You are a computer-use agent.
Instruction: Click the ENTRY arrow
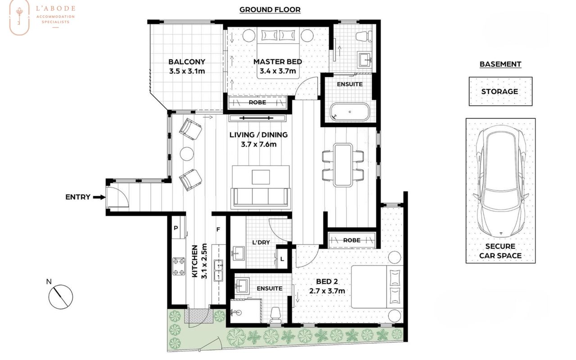coord(99,198)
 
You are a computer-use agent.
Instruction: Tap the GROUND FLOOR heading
coord(270,10)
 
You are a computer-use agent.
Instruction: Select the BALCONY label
coord(187,62)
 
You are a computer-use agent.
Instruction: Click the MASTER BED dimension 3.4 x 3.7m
coord(278,71)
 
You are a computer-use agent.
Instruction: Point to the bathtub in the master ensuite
coord(350,112)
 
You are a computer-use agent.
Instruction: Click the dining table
coord(343,165)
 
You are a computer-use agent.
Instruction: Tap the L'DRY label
coord(261,243)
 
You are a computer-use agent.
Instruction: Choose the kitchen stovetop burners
coord(179,266)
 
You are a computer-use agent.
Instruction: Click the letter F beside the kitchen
coord(218,229)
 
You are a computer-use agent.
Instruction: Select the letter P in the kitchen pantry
coord(176,228)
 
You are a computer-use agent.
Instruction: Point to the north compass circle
coord(61,297)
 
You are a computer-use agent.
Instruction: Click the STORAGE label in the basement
coord(499,91)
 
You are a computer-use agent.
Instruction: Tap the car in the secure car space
coord(501,181)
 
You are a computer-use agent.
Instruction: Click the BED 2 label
coord(327,282)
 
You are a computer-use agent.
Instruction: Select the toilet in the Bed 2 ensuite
coord(275,315)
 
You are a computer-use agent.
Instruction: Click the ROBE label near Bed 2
coord(352,240)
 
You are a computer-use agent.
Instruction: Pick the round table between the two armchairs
coord(187,154)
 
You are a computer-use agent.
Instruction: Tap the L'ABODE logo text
coord(55,9)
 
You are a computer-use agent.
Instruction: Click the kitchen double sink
coord(218,270)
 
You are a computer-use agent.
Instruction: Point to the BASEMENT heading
coord(500,64)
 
